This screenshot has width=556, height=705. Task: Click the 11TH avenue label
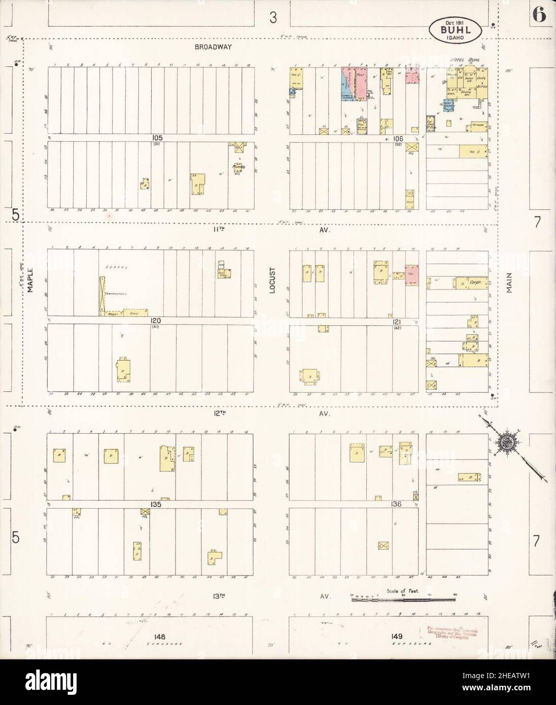(x=219, y=230)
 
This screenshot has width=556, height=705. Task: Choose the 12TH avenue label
(x=219, y=414)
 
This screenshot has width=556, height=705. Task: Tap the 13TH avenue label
(x=219, y=596)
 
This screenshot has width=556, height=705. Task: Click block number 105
(x=155, y=138)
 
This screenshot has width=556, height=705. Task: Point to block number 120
(x=155, y=321)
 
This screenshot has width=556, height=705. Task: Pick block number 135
(x=155, y=505)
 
